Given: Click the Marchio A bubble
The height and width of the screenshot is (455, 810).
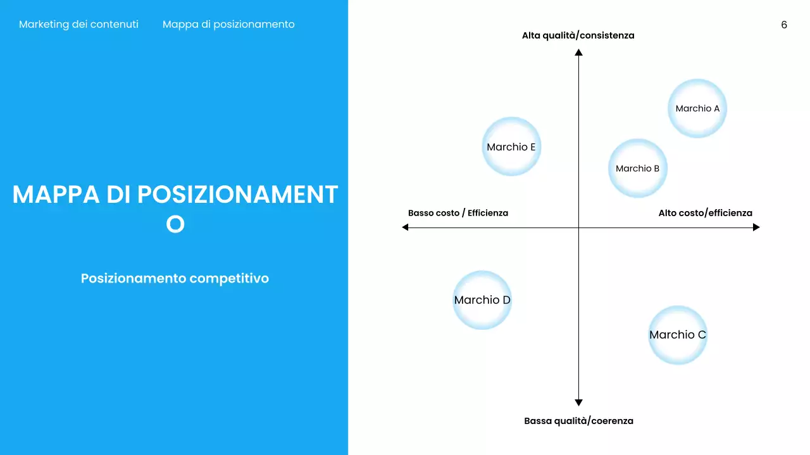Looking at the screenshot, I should point(697,108).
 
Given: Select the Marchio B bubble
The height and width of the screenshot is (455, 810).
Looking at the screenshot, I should point(637,168).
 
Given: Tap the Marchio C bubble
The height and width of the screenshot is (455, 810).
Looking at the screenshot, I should point(677,335).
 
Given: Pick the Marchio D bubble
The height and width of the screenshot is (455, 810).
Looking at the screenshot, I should point(482,300).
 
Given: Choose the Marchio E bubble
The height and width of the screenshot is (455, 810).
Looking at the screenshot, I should point(511,147).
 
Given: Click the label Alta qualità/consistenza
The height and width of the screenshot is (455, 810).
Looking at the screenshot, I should point(578,35).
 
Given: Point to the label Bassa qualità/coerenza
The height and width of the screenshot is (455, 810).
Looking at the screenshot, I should point(578,421).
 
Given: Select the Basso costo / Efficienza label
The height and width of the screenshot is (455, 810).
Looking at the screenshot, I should point(458,213).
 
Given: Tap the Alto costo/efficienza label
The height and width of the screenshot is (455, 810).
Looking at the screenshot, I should point(705,213).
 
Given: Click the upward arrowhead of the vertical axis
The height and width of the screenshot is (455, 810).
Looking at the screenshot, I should point(578,52).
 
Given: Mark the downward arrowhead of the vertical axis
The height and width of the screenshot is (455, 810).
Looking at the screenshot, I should point(578,402).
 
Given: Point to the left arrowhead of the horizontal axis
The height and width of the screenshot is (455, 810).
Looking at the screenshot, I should point(406,227).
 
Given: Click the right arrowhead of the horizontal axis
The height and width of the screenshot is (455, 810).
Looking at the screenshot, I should point(756,227).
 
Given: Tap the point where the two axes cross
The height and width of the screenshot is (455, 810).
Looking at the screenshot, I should point(578,227).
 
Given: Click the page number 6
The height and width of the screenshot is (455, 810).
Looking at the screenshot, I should point(784,25).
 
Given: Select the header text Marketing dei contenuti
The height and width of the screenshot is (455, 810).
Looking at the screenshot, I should point(78,25).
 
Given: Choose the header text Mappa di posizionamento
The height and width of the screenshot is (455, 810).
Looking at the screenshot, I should point(228,25).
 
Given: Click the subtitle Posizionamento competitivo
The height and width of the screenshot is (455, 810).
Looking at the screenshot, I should point(175,278).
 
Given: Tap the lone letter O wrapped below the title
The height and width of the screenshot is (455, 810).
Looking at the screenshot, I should point(175,224).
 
